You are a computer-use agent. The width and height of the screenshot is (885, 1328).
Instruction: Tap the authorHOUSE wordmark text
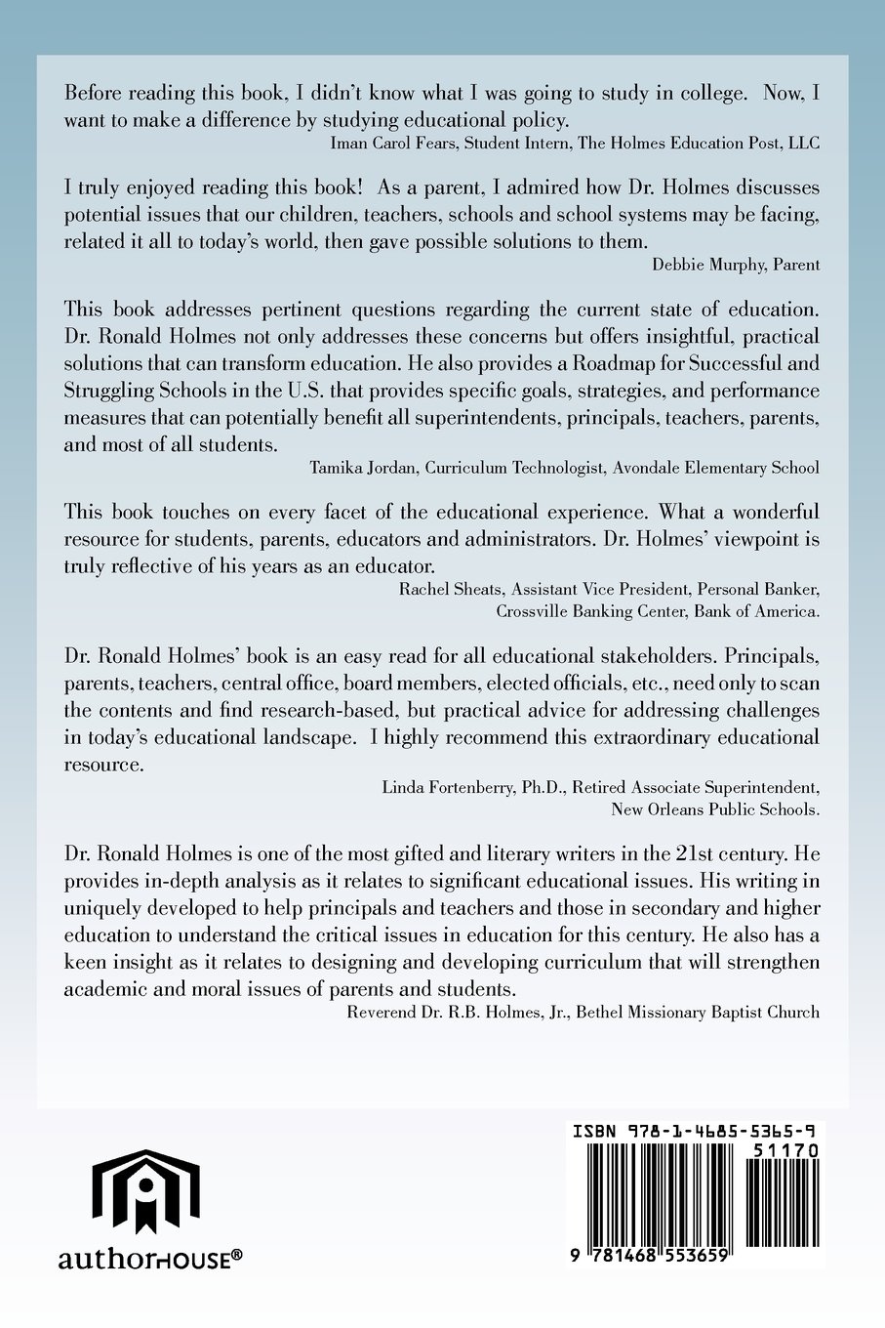(x=149, y=1260)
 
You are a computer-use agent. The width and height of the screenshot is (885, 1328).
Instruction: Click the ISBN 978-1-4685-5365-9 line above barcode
(x=694, y=1131)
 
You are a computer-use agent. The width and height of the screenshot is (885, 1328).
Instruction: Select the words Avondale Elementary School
(x=716, y=467)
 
